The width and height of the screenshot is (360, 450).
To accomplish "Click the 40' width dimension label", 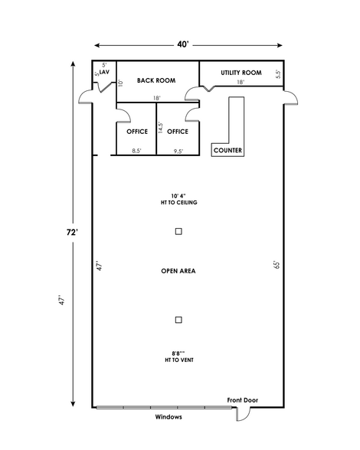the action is pos(183,44).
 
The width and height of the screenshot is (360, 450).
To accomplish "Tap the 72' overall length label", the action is pos(72,232).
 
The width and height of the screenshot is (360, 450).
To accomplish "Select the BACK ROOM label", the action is pos(156,80).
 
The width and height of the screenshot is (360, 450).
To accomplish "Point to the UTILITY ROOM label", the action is pos(241,73).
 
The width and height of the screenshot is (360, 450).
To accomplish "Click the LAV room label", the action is pos(104,72).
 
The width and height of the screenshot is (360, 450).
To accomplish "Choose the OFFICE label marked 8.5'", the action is pos(137,132).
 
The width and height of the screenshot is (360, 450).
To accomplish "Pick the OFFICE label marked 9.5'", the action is pos(178,132).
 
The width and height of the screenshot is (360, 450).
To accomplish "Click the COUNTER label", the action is pos(227,150).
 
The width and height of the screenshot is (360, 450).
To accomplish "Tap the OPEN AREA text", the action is pos(178,271).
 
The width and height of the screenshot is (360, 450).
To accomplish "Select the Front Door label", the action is pos(243,400).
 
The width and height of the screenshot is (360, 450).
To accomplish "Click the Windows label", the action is pos(169,417).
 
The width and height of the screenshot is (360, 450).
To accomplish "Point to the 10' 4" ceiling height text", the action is pos(178,199).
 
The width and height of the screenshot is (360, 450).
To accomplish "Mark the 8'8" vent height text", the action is pos(179,357).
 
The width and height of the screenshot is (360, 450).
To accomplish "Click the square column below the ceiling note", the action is pos(178,231).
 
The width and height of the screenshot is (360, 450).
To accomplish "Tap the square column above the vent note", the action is pos(178,320).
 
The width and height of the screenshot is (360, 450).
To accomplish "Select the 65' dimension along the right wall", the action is pos(277,265).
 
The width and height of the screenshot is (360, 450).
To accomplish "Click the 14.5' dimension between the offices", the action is pos(161,128).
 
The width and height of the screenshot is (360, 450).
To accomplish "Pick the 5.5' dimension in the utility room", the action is pos(278,74).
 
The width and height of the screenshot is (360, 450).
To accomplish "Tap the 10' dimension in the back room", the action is pos(121,83).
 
